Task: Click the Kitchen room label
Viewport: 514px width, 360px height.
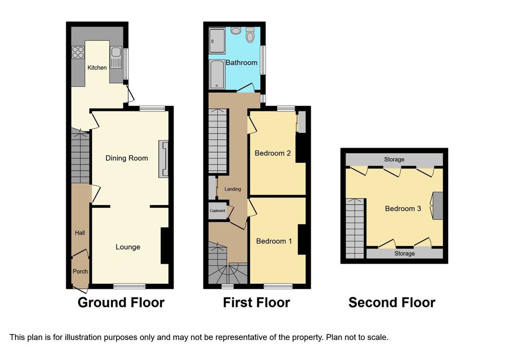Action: pos(97,68)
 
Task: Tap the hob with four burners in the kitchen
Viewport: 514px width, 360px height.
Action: pos(78,52)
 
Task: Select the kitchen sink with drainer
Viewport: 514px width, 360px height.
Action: pos(116,58)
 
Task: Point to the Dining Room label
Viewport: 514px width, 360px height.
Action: pos(126,158)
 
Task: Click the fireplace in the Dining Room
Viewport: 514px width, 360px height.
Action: pos(164,159)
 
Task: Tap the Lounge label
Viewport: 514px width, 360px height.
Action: pos(128,247)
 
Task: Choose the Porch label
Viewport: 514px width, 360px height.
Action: pos(80,272)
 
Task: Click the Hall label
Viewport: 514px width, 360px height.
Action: pos(80,233)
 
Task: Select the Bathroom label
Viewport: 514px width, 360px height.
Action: pos(241,63)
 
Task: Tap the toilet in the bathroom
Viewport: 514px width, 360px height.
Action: pos(250,35)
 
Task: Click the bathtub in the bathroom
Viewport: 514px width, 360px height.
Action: pos(217,74)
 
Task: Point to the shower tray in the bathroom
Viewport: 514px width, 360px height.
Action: pos(217,41)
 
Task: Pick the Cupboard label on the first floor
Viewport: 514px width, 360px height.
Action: pos(217,210)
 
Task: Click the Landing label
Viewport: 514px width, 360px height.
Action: pos(233,189)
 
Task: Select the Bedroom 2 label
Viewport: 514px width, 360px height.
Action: pos(273,153)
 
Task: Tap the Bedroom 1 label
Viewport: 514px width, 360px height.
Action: pos(274,242)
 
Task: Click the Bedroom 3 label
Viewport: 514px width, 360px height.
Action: pos(403,208)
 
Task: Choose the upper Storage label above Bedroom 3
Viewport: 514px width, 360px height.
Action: pos(394,159)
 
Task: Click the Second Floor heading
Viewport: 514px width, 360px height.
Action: pos(392,302)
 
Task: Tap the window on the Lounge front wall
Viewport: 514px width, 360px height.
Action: pos(130,286)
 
